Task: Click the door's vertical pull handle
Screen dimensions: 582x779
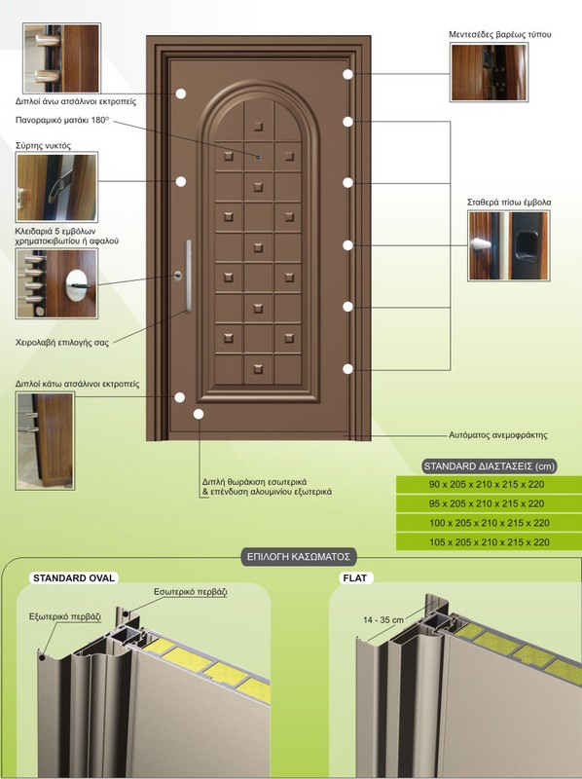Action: point(189,276)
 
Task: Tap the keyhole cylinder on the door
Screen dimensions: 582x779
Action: point(178,276)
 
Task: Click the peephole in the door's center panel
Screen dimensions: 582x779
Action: point(258,157)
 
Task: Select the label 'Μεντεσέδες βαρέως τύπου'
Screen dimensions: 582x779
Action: point(499,34)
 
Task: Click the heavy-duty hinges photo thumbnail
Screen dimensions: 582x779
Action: point(490,72)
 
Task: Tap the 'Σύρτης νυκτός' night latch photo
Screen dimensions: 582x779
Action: point(56,187)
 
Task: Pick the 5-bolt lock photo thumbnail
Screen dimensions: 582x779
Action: point(56,283)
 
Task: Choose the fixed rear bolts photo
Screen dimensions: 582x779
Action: point(509,245)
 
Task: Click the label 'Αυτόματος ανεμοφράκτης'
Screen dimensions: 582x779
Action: point(498,434)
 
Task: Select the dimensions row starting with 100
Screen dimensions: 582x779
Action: point(490,523)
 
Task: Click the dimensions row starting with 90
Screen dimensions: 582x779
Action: point(490,484)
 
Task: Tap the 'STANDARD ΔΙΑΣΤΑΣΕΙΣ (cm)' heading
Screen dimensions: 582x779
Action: point(490,466)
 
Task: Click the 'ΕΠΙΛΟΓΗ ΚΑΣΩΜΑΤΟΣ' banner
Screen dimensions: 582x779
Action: point(299,556)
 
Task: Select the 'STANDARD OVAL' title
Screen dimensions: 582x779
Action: point(74,577)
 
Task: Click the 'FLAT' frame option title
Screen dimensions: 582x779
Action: point(355,577)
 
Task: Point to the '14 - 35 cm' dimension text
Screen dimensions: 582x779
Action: point(383,619)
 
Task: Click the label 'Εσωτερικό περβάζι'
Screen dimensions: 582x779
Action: point(190,592)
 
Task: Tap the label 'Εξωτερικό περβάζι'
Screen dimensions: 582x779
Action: point(65,616)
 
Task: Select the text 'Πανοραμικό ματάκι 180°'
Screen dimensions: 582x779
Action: point(62,120)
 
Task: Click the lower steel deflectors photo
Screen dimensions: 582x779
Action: point(45,441)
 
